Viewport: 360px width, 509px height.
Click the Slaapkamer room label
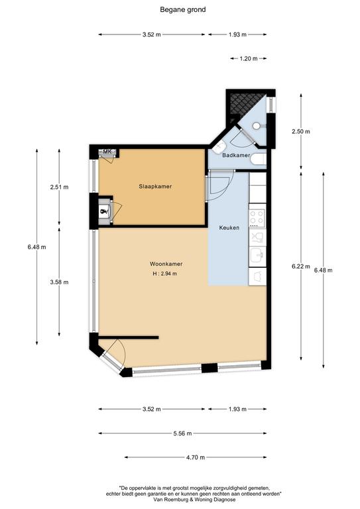tap(155, 187)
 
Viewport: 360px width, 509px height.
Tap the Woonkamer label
tap(166, 264)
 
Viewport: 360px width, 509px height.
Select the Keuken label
tap(229, 228)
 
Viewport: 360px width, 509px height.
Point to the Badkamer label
tap(236, 155)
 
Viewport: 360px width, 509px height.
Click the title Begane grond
tap(183, 10)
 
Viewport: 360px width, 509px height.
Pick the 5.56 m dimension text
tap(182, 433)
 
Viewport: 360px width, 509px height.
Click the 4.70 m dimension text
tap(196, 457)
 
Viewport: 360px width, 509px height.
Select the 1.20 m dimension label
tap(249, 59)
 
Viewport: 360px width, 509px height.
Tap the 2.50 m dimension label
tap(301, 131)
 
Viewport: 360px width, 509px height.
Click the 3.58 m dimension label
tap(59, 282)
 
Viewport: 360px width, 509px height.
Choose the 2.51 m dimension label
tap(59, 187)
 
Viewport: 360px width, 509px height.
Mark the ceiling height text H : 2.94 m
tap(165, 274)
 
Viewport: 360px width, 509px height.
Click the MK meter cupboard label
tap(107, 152)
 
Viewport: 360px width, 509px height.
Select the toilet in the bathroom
tap(259, 160)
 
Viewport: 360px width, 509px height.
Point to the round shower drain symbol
tap(257, 126)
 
